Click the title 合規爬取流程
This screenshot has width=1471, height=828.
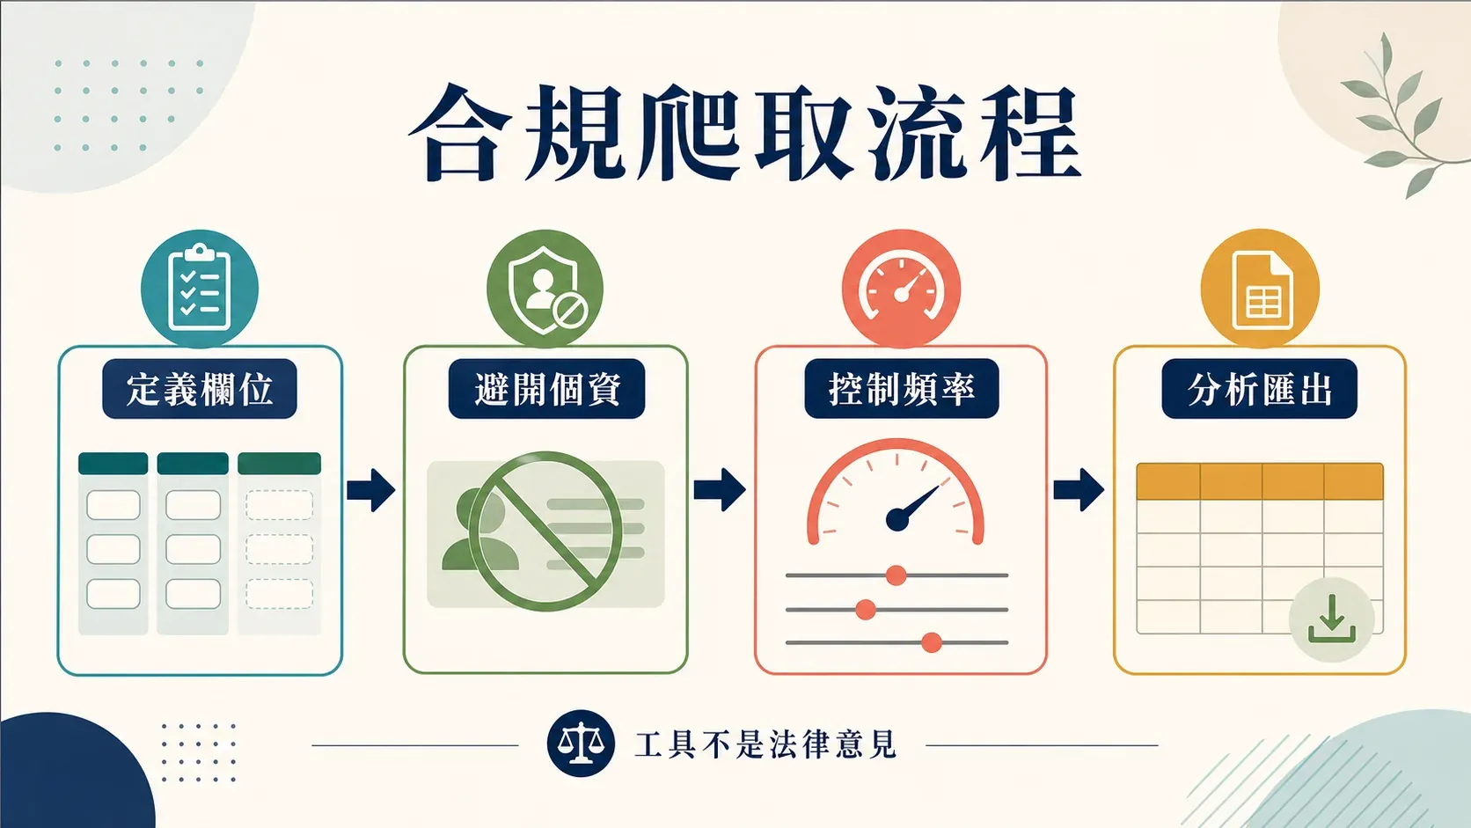(744, 132)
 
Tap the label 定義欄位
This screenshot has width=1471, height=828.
(200, 389)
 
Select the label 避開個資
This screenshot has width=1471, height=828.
(546, 389)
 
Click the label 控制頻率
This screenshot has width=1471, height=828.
(902, 389)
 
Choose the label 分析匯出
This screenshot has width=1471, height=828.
(1260, 389)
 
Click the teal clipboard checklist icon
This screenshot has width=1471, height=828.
(200, 289)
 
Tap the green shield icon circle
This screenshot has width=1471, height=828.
(545, 289)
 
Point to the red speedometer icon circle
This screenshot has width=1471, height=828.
(902, 289)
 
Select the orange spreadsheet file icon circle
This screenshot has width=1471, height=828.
(1260, 289)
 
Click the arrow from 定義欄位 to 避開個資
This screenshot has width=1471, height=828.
(371, 490)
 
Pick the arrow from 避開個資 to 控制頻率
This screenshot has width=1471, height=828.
(720, 490)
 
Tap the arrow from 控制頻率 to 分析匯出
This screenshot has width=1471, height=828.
(1079, 490)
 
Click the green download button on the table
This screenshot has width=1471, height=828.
(1332, 619)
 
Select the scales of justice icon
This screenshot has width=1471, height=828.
(581, 744)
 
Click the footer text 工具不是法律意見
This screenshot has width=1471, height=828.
(765, 744)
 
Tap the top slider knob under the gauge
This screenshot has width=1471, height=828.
(896, 575)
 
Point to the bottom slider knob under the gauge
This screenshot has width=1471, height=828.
(931, 642)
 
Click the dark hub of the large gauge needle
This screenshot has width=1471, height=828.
(897, 519)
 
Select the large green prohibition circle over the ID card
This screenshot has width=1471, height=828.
(545, 531)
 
